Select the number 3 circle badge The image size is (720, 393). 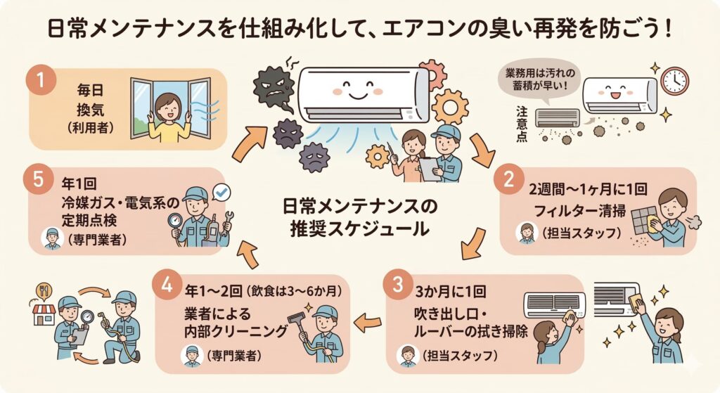click(x=397, y=285)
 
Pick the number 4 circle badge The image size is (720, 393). click(x=167, y=285)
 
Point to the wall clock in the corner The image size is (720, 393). click(x=674, y=81)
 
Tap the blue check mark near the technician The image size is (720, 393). click(x=223, y=191)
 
